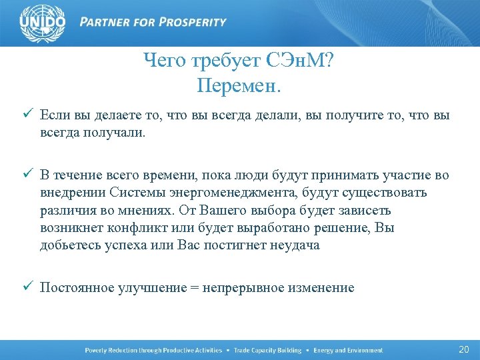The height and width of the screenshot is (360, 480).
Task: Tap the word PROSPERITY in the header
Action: tap(193, 22)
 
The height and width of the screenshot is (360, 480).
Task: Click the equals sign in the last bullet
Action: tap(194, 287)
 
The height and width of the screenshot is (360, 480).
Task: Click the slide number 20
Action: tap(464, 350)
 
